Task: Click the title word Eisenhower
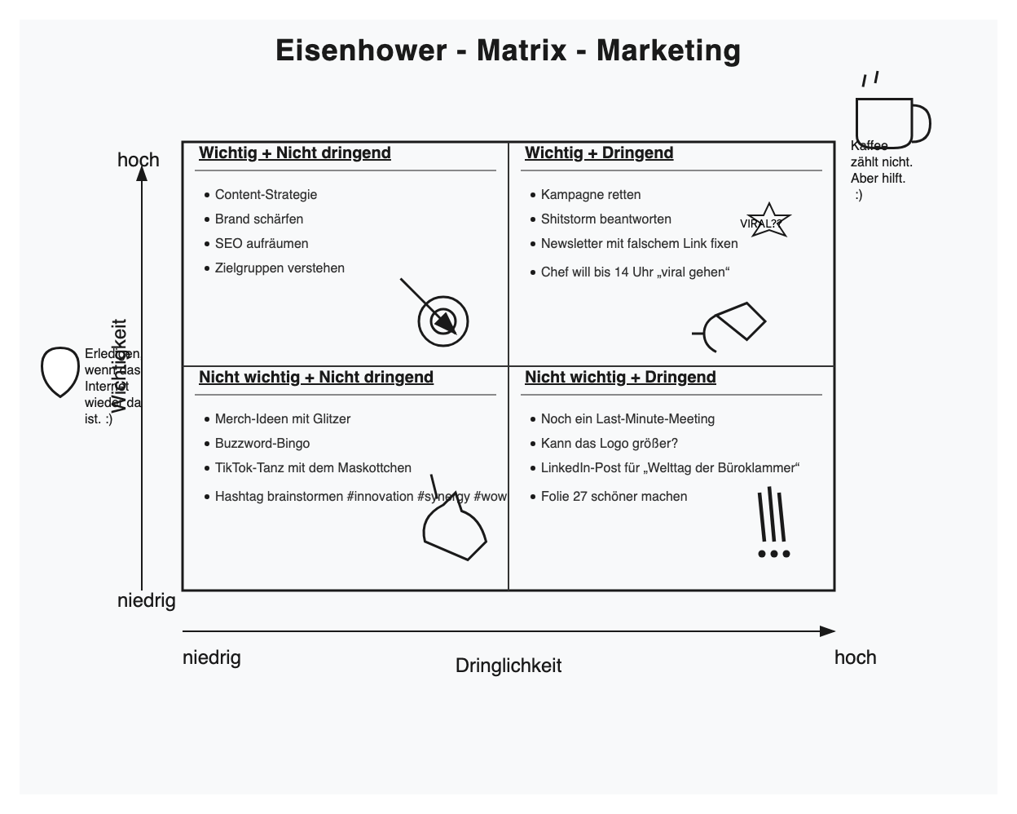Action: (x=361, y=51)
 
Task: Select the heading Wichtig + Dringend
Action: (x=599, y=153)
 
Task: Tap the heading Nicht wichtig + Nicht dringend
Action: (x=316, y=378)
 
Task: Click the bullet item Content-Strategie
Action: (x=266, y=195)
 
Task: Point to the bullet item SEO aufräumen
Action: (x=262, y=244)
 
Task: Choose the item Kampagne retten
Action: (x=591, y=195)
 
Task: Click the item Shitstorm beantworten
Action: (x=606, y=219)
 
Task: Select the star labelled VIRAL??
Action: (x=768, y=221)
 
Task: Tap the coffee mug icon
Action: (x=889, y=121)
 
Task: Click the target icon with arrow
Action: (x=443, y=321)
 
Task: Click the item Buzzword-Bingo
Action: (x=262, y=444)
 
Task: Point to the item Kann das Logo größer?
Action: (x=610, y=444)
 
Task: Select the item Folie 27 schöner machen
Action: (x=614, y=497)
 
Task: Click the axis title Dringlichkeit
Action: (x=508, y=666)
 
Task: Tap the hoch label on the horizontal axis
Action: (x=855, y=658)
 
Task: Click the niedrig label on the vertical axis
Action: (x=147, y=601)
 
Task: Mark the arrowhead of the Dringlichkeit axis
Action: (x=828, y=631)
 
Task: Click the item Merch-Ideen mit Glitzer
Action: (x=283, y=419)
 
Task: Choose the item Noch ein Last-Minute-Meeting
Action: (x=627, y=419)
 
